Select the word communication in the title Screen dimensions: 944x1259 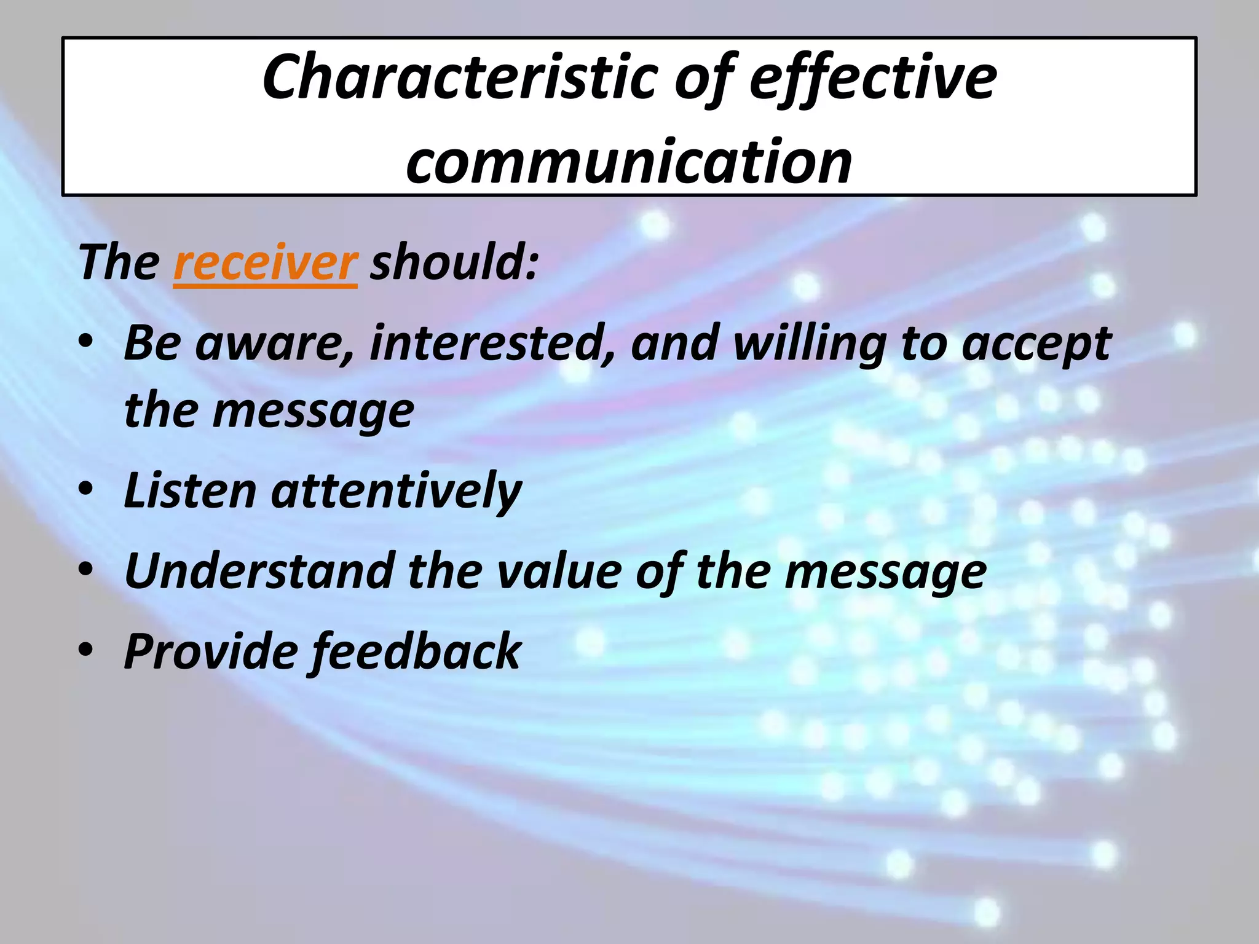(629, 161)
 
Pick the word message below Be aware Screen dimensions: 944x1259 (313, 412)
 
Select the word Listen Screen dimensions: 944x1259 (190, 490)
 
